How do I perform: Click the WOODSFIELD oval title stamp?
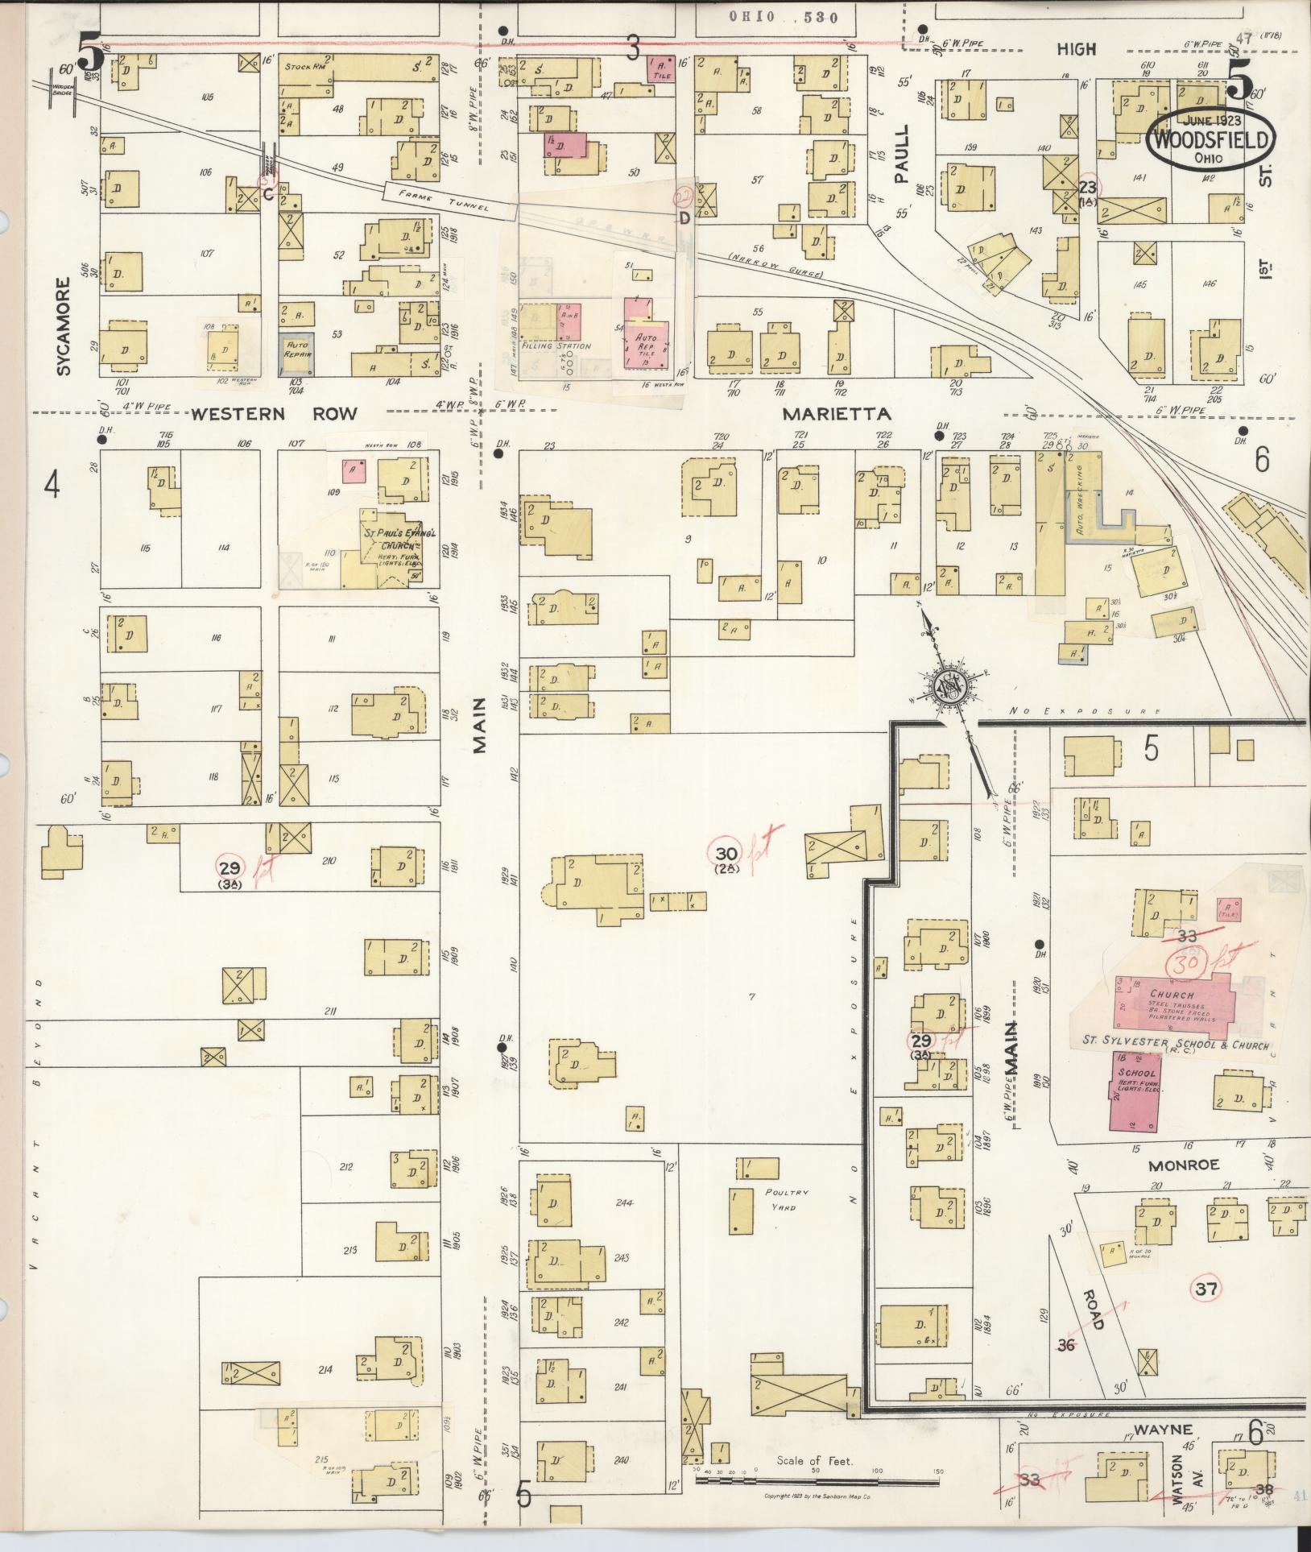point(1212,140)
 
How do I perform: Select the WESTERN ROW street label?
point(274,414)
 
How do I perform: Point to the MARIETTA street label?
point(838,414)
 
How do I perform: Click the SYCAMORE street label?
point(64,327)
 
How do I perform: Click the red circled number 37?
point(1205,1289)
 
